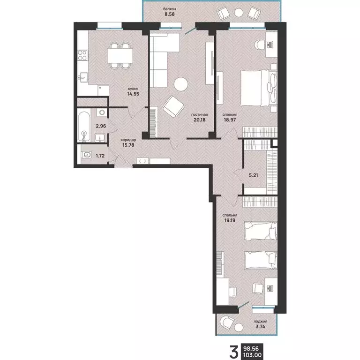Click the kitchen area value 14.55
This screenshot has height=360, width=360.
tap(133, 94)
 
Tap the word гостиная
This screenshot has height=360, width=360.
tap(199, 114)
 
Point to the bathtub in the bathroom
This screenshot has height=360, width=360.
tap(84, 127)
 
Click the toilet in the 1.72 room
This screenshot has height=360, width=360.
tap(86, 155)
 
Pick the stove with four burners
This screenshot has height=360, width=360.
tap(82, 55)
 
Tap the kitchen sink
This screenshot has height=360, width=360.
tap(83, 77)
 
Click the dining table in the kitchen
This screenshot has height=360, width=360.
tap(120, 56)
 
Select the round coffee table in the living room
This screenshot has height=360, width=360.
tap(181, 84)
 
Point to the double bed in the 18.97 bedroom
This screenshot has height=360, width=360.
tap(259, 89)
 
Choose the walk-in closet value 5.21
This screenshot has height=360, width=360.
tap(254, 175)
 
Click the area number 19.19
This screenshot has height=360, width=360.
tap(230, 220)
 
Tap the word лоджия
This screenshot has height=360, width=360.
tap(260, 322)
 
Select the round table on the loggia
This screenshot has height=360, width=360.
tap(239, 327)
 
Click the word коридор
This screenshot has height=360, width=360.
tap(128, 140)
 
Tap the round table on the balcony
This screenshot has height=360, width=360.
tap(239, 13)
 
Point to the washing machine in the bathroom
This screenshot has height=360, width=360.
tap(102, 112)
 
